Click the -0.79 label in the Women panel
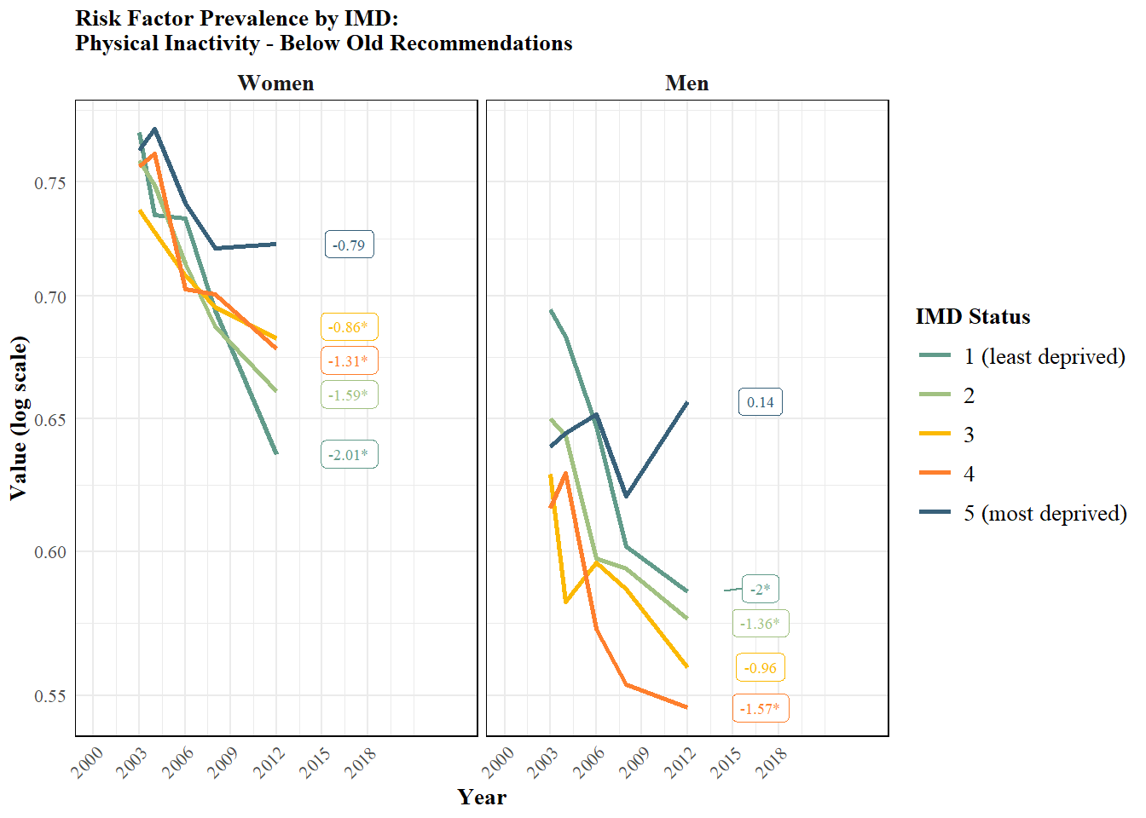pos(350,245)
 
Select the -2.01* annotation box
pos(350,454)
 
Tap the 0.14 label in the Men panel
pos(761,402)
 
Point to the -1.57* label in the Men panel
pos(761,709)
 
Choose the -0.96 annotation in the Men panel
pos(761,668)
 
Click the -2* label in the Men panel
pos(761,589)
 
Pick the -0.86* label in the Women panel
pos(350,326)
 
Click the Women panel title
pos(275,83)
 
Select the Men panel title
pos(687,83)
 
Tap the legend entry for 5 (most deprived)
pos(1023,513)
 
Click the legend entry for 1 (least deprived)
pos(1022,356)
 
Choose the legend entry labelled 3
pos(946,434)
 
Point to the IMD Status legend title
pos(973,316)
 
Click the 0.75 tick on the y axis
pos(50,182)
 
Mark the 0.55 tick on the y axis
pos(50,696)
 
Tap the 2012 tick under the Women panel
pos(269,763)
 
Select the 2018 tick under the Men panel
pos(771,763)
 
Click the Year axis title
pos(482,797)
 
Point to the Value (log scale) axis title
pos(19,418)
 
